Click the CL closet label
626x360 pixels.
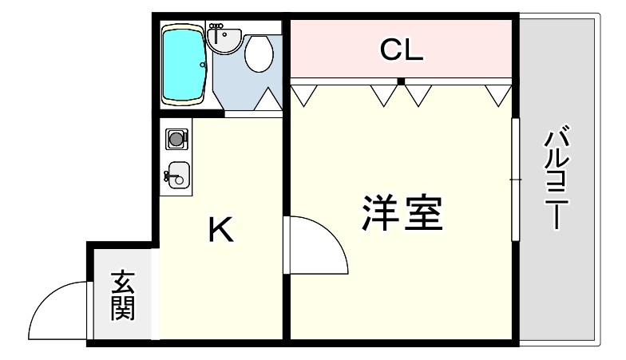pyautogui.click(x=401, y=50)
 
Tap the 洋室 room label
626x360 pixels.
pyautogui.click(x=402, y=214)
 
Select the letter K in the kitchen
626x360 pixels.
pyautogui.click(x=220, y=231)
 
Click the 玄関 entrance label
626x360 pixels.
pyautogui.click(x=122, y=295)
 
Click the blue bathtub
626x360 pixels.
pyautogui.click(x=184, y=65)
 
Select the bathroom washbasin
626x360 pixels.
pyautogui.click(x=224, y=38)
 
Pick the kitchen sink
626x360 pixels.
pyautogui.click(x=178, y=175)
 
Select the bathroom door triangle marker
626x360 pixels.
pyautogui.click(x=267, y=100)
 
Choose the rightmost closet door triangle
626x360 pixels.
pyautogui.click(x=498, y=94)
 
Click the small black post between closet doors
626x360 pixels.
pyautogui.click(x=401, y=81)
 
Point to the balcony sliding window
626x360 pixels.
pyautogui.click(x=516, y=180)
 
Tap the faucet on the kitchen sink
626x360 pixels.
pyautogui.click(x=168, y=175)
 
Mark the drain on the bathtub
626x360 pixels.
pyautogui.click(x=203, y=65)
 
